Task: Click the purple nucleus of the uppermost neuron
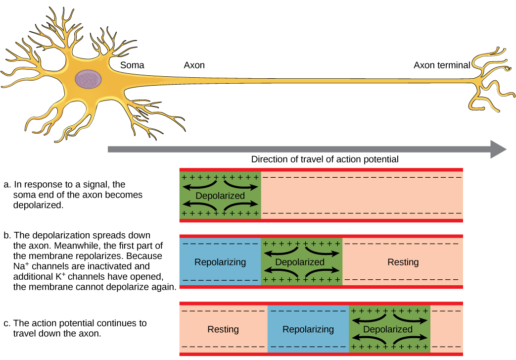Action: (x=89, y=79)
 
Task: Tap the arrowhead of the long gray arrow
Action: (x=498, y=149)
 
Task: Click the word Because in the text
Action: (x=144, y=257)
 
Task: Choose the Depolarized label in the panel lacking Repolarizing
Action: (x=220, y=196)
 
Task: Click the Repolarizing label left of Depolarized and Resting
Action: (x=220, y=262)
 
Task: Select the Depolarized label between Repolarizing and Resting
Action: (x=300, y=262)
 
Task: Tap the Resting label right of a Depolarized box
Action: (x=403, y=262)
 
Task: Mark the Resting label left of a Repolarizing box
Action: (x=223, y=329)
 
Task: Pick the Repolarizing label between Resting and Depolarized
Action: (x=308, y=329)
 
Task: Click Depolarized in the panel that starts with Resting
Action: (x=388, y=329)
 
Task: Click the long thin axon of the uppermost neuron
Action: (x=297, y=81)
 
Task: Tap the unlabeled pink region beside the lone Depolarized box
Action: (x=361, y=196)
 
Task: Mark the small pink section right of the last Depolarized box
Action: (x=446, y=329)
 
